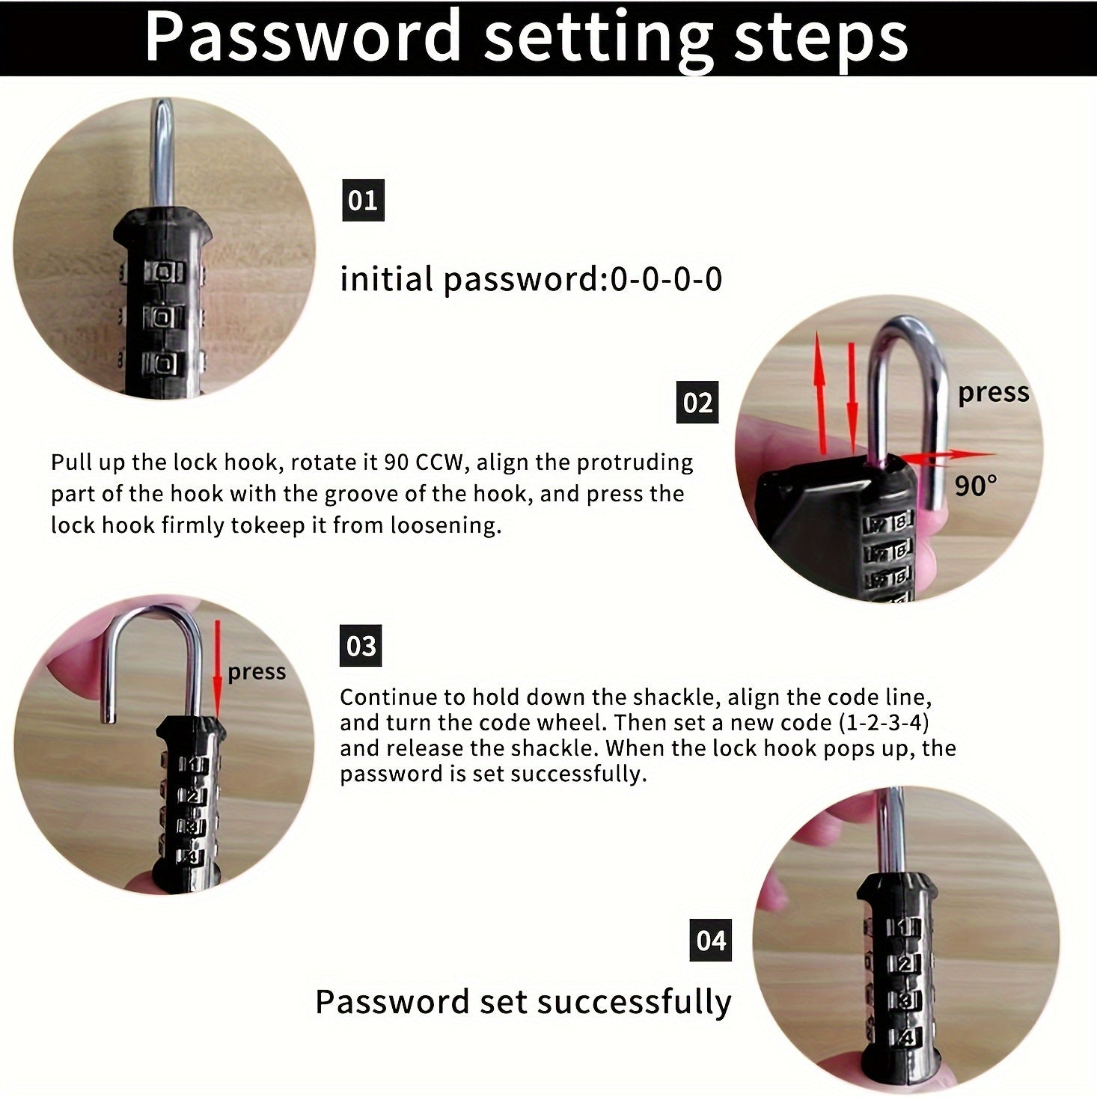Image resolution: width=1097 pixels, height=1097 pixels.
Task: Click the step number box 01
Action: [363, 200]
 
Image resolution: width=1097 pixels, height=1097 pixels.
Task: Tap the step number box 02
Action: [697, 403]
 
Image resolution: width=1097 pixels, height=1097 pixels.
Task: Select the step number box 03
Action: [361, 645]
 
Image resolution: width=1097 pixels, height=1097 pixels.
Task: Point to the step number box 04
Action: [710, 940]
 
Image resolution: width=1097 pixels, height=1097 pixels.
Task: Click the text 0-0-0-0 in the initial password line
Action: [666, 279]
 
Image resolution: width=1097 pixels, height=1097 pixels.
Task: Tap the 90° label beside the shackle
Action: [976, 486]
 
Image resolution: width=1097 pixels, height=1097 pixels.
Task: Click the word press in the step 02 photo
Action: [993, 392]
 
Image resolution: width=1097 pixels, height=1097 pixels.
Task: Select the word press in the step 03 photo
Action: [257, 671]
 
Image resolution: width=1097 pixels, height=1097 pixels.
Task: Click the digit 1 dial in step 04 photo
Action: [904, 928]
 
